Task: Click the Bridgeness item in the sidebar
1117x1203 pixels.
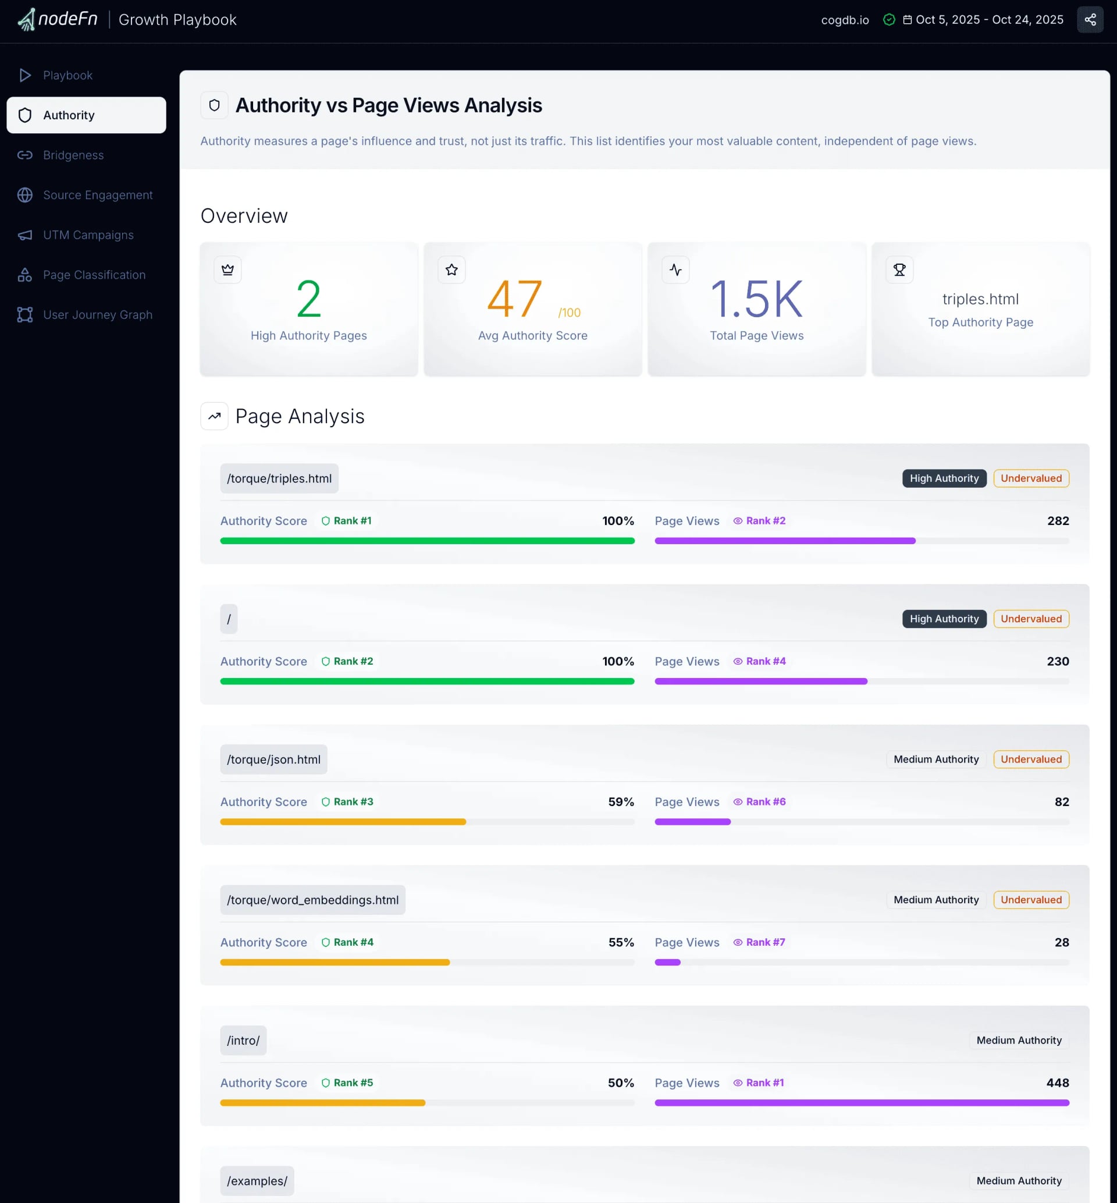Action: [x=73, y=155]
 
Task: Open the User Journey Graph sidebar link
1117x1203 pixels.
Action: [x=97, y=315]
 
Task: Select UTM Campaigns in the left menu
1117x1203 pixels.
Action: [x=88, y=235]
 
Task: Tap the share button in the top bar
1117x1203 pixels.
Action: [x=1089, y=20]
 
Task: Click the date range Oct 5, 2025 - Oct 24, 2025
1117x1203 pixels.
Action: [x=989, y=20]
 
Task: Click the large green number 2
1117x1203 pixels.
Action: [x=308, y=299]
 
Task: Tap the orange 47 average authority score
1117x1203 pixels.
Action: [x=514, y=299]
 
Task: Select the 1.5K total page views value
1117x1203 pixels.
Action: [x=756, y=299]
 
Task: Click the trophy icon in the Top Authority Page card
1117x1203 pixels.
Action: [x=899, y=269]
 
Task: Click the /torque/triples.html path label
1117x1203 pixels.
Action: [x=279, y=479]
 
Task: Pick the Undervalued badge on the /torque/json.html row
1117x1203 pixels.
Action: [x=1030, y=760]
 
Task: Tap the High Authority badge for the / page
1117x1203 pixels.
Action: [x=944, y=619]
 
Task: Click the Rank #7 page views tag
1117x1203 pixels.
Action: [x=759, y=942]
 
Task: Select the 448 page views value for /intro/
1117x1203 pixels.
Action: [x=1057, y=1083]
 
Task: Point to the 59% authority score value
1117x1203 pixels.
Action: [x=621, y=802]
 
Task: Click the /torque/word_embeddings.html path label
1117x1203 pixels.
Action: [x=312, y=900]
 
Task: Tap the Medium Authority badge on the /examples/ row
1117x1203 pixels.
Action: [x=1019, y=1181]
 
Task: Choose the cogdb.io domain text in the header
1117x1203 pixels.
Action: [x=844, y=20]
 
